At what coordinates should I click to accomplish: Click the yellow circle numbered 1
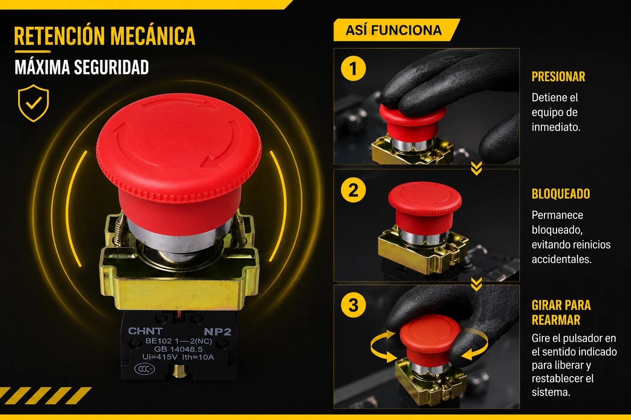pyautogui.click(x=353, y=68)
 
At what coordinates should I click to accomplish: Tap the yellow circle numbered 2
pyautogui.click(x=353, y=190)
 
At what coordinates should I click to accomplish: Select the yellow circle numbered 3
pyautogui.click(x=353, y=305)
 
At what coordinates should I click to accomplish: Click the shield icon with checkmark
pyautogui.click(x=34, y=103)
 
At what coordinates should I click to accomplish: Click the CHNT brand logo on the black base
pyautogui.click(x=145, y=331)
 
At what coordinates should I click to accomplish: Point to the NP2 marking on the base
pyautogui.click(x=217, y=332)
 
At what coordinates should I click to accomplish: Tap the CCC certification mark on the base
pyautogui.click(x=145, y=369)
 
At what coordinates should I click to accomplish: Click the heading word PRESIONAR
pyautogui.click(x=558, y=77)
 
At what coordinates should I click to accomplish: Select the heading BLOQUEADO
pyautogui.click(x=561, y=194)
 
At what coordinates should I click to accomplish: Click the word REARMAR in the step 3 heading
pyautogui.click(x=556, y=320)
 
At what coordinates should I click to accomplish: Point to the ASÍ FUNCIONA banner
pyautogui.click(x=396, y=30)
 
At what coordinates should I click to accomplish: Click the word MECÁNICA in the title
pyautogui.click(x=153, y=36)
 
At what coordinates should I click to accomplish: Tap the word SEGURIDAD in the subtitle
pyautogui.click(x=111, y=67)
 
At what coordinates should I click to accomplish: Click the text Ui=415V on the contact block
pyautogui.click(x=160, y=357)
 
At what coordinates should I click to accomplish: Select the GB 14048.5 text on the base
pyautogui.click(x=178, y=349)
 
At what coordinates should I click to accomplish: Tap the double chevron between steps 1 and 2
pyautogui.click(x=477, y=169)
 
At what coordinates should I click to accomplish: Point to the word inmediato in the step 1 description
pyautogui.click(x=556, y=127)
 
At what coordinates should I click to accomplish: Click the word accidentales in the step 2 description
pyautogui.click(x=562, y=259)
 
